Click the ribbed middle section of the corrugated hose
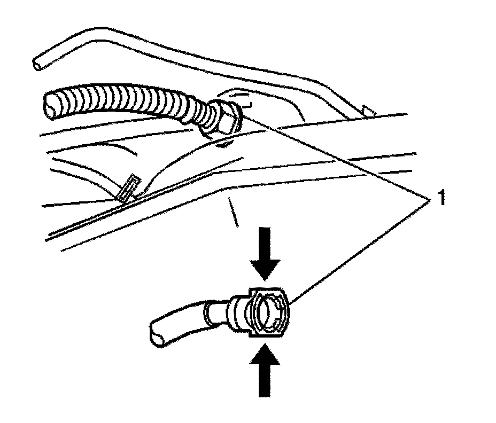(x=123, y=101)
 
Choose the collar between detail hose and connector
(x=235, y=312)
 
